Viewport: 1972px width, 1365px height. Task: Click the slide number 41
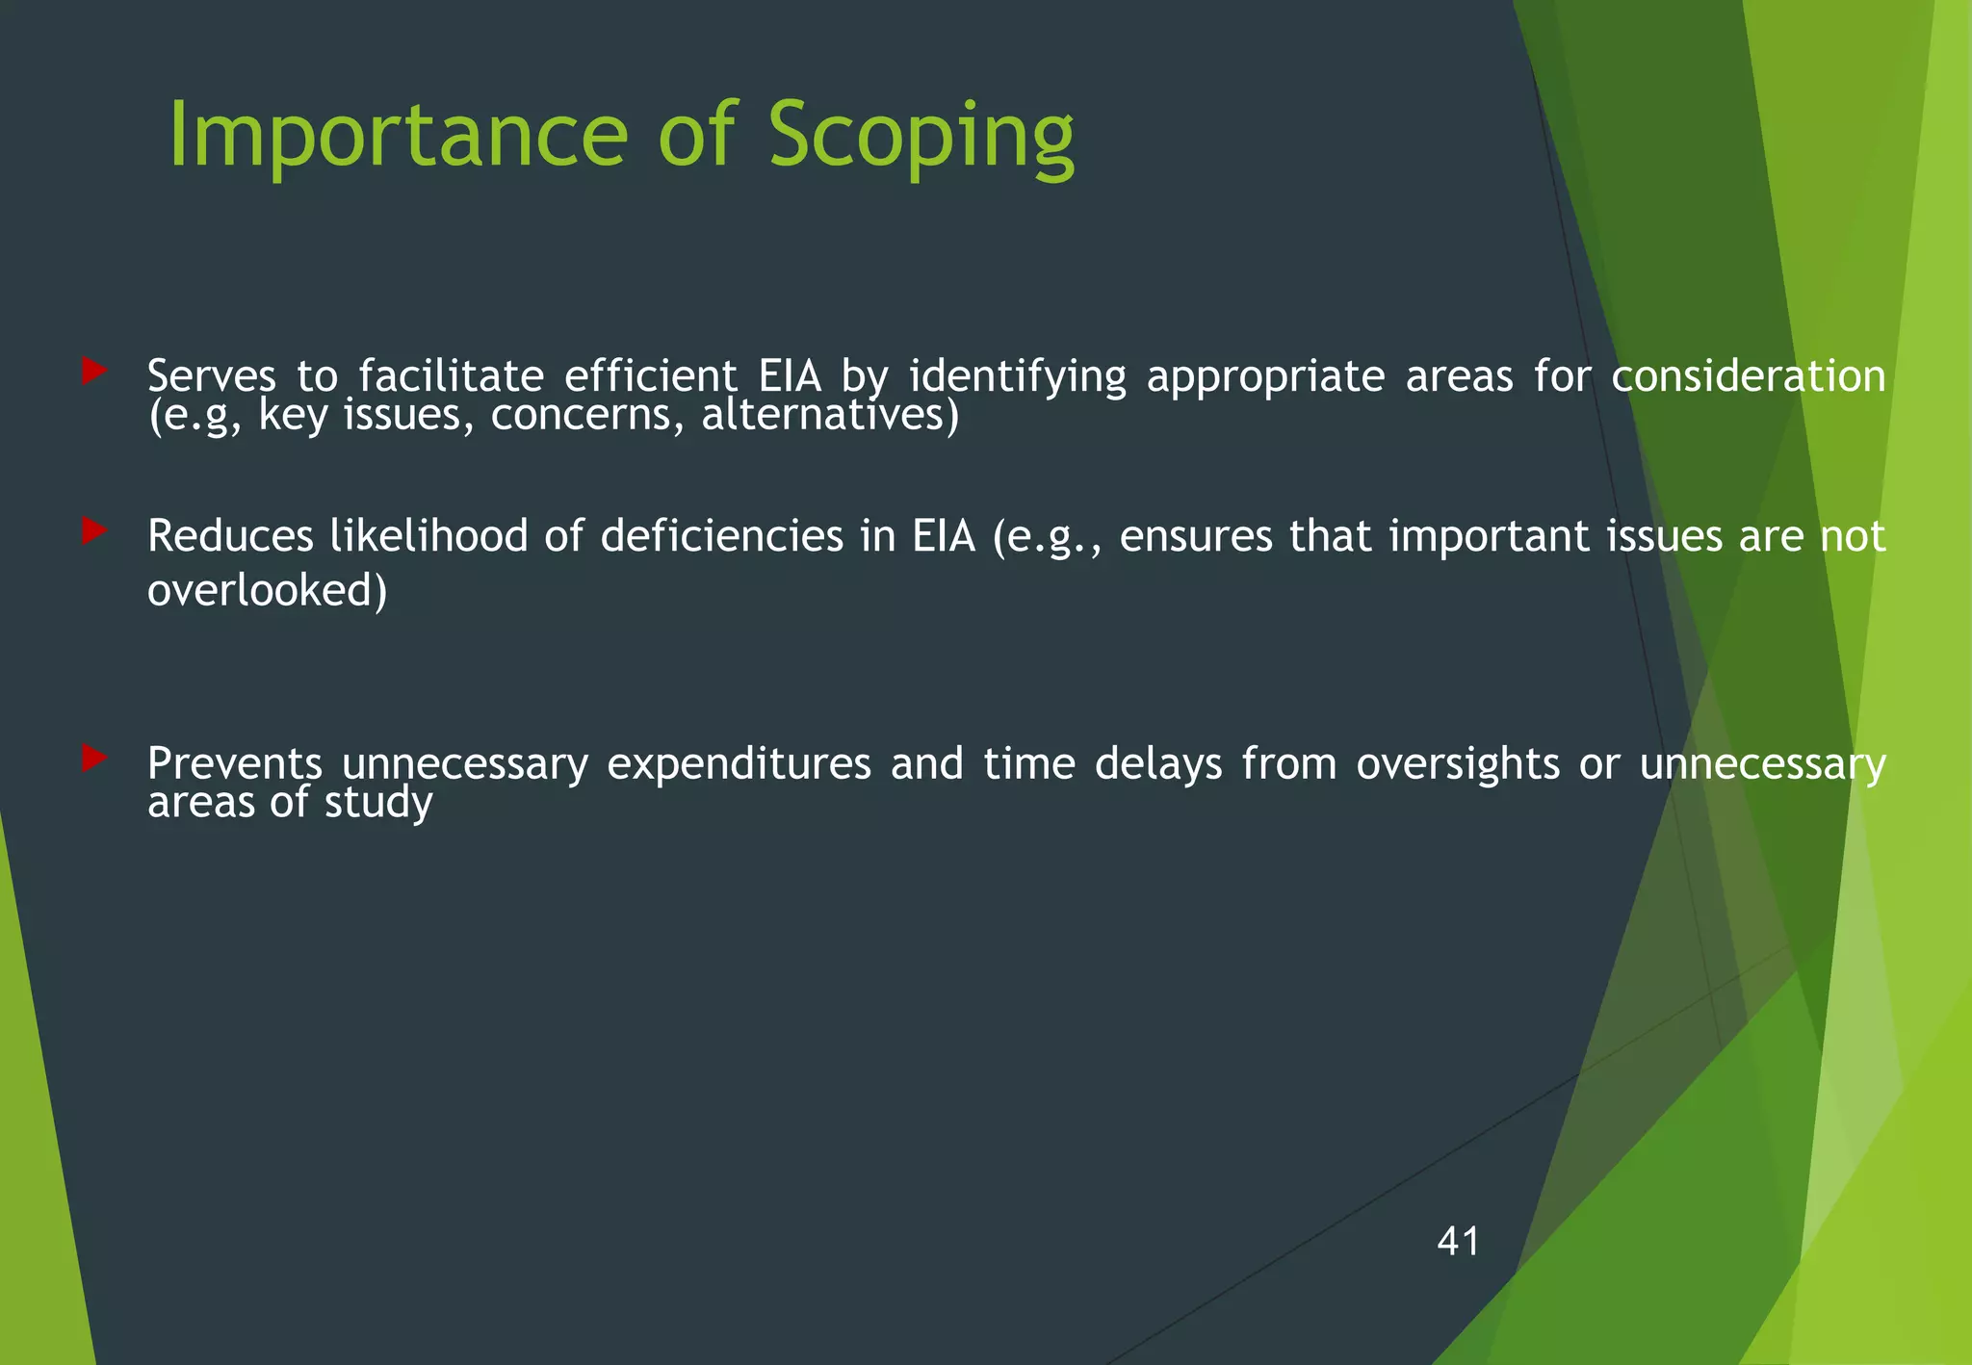1458,1241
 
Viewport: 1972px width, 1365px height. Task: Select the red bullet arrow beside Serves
93,371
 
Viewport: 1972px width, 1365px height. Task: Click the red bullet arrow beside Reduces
93,530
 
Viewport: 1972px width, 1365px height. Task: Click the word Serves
211,375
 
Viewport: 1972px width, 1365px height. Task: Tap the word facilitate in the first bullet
451,375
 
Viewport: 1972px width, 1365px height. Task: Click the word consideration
1748,375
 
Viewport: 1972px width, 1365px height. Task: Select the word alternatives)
830,416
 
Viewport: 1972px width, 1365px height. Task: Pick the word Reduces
230,536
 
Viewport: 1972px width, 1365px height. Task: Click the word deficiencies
722,536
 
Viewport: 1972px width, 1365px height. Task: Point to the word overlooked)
267,590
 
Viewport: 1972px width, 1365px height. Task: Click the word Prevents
234,764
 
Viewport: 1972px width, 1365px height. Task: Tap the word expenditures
739,764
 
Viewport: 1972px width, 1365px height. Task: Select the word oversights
1458,764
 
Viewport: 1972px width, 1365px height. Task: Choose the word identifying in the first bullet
1017,375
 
